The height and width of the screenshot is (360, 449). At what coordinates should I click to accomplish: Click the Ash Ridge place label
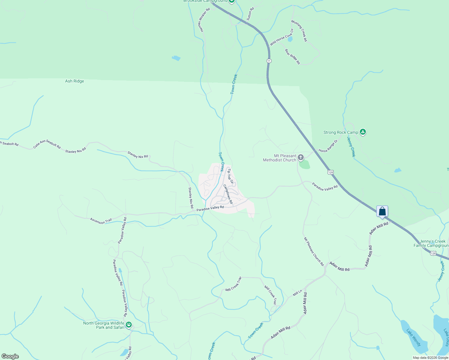coord(74,81)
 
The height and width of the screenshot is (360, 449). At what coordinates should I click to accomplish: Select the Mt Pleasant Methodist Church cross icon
coord(301,157)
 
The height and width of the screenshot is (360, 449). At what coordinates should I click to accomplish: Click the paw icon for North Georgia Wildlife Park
coord(129,325)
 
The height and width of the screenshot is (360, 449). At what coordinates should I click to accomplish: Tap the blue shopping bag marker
coord(382,211)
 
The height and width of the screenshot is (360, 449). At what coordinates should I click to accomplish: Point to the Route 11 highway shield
coord(269,61)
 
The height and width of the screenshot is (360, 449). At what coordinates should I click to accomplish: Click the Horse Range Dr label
coord(328,146)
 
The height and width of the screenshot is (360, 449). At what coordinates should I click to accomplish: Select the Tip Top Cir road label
coord(230,175)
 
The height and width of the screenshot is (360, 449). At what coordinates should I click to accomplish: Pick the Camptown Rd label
coord(228,194)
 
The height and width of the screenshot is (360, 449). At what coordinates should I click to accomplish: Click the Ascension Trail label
coord(101,221)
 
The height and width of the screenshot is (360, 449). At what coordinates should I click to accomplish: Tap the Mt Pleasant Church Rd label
coord(314,251)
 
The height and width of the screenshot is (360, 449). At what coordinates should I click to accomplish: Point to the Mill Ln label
coord(297,293)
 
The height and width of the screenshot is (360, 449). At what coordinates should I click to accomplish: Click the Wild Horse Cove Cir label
coord(282,37)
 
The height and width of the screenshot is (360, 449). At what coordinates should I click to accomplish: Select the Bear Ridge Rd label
coord(292,57)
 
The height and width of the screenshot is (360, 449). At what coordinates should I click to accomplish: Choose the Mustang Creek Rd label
coord(299,31)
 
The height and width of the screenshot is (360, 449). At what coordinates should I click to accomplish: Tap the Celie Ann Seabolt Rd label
coord(47,144)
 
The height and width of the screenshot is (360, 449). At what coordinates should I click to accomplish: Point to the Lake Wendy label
coord(414,337)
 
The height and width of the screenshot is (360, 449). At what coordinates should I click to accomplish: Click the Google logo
coord(10,356)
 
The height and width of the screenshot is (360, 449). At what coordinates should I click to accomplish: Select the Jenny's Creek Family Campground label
coord(431,243)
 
